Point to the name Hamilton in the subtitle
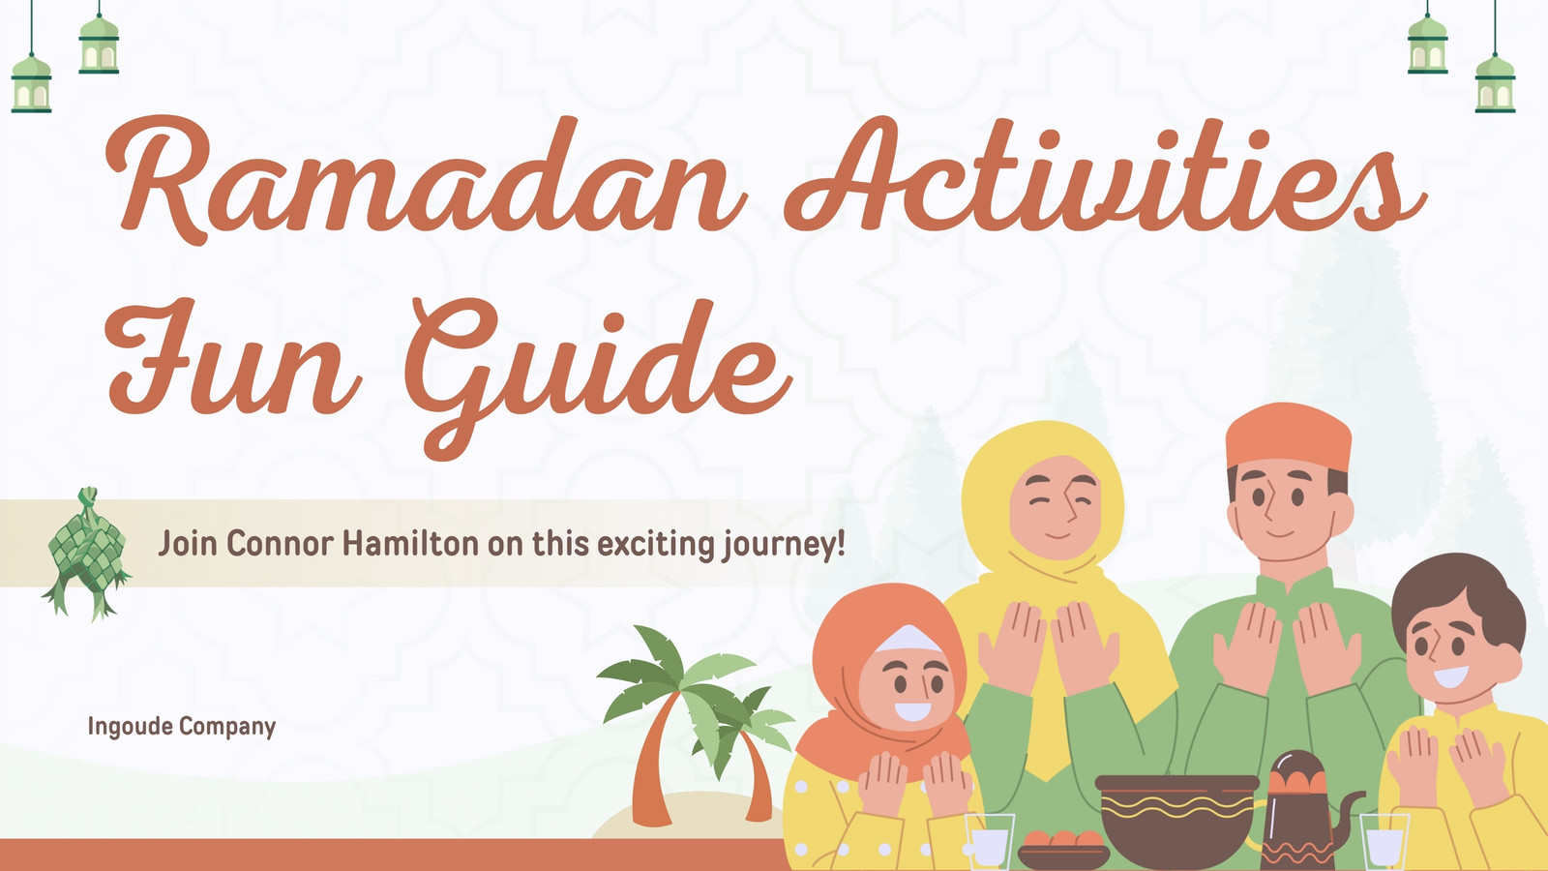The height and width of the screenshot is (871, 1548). [410, 543]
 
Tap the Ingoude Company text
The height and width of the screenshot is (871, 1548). [182, 727]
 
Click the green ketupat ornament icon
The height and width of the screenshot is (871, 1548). [86, 553]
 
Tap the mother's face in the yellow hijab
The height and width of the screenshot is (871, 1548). [1056, 507]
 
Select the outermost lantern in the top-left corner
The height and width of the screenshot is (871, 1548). [31, 83]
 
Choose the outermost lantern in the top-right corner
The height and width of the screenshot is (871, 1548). [1495, 83]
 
